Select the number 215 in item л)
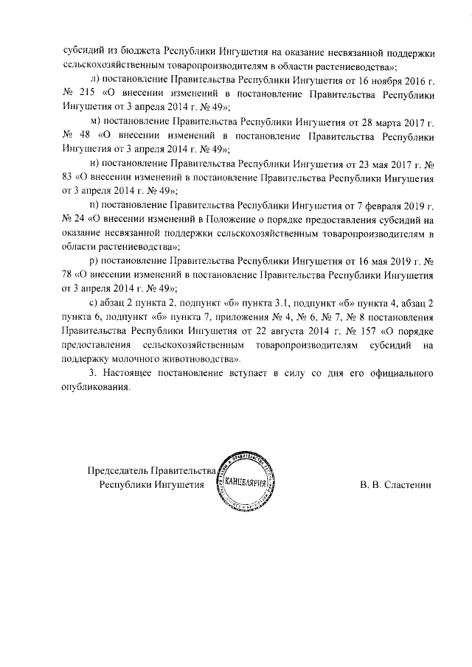click(88, 95)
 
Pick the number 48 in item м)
click(86, 136)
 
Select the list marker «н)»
click(93, 163)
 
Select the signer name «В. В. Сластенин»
click(396, 485)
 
